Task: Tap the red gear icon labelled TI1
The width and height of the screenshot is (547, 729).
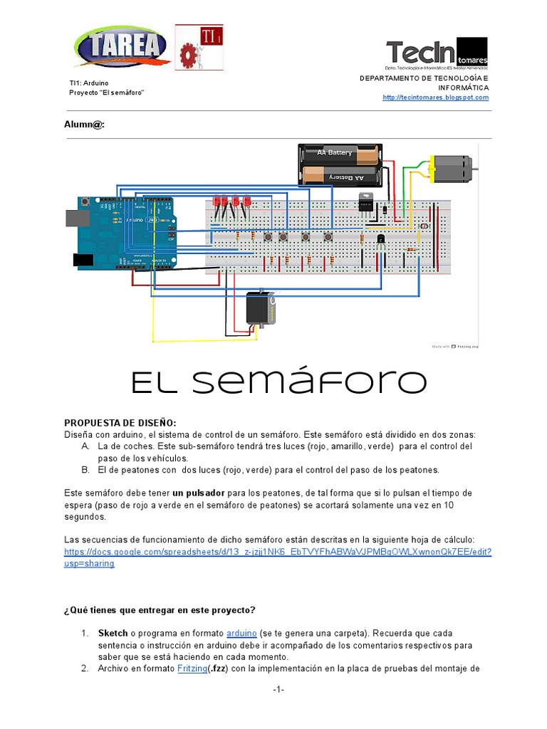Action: [199, 48]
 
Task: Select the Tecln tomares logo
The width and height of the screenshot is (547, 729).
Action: [436, 53]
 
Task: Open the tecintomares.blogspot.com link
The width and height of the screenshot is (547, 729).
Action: [436, 98]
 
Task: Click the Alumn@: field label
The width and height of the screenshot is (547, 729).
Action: [85, 125]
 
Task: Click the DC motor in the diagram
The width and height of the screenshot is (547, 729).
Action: [452, 168]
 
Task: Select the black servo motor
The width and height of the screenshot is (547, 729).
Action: [261, 310]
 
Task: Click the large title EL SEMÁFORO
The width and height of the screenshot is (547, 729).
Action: [278, 382]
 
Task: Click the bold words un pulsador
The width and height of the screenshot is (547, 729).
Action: [199, 493]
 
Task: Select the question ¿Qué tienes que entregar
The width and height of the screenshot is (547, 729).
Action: [160, 610]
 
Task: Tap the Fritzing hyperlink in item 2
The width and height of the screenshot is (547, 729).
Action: [192, 668]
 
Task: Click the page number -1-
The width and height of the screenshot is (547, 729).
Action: [278, 690]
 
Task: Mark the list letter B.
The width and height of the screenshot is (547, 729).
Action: [85, 470]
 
